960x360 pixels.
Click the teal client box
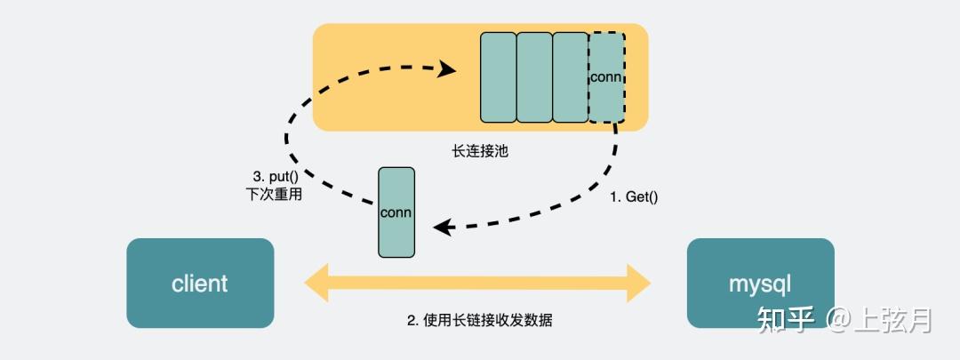200,283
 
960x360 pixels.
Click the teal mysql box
760,283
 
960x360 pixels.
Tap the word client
200,284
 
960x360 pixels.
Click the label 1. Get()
635,197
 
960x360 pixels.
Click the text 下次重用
273,196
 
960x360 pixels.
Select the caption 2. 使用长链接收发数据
479,320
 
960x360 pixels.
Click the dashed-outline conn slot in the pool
607,77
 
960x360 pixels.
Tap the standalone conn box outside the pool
396,212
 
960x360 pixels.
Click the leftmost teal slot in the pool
499,77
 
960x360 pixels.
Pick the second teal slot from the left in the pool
534,77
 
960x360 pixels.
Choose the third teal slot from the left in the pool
571,77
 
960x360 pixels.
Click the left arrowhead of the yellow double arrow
316,283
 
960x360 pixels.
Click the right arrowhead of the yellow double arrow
639,283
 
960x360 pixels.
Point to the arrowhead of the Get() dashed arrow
442,228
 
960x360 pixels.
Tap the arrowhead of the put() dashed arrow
447,68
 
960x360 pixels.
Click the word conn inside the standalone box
396,213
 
